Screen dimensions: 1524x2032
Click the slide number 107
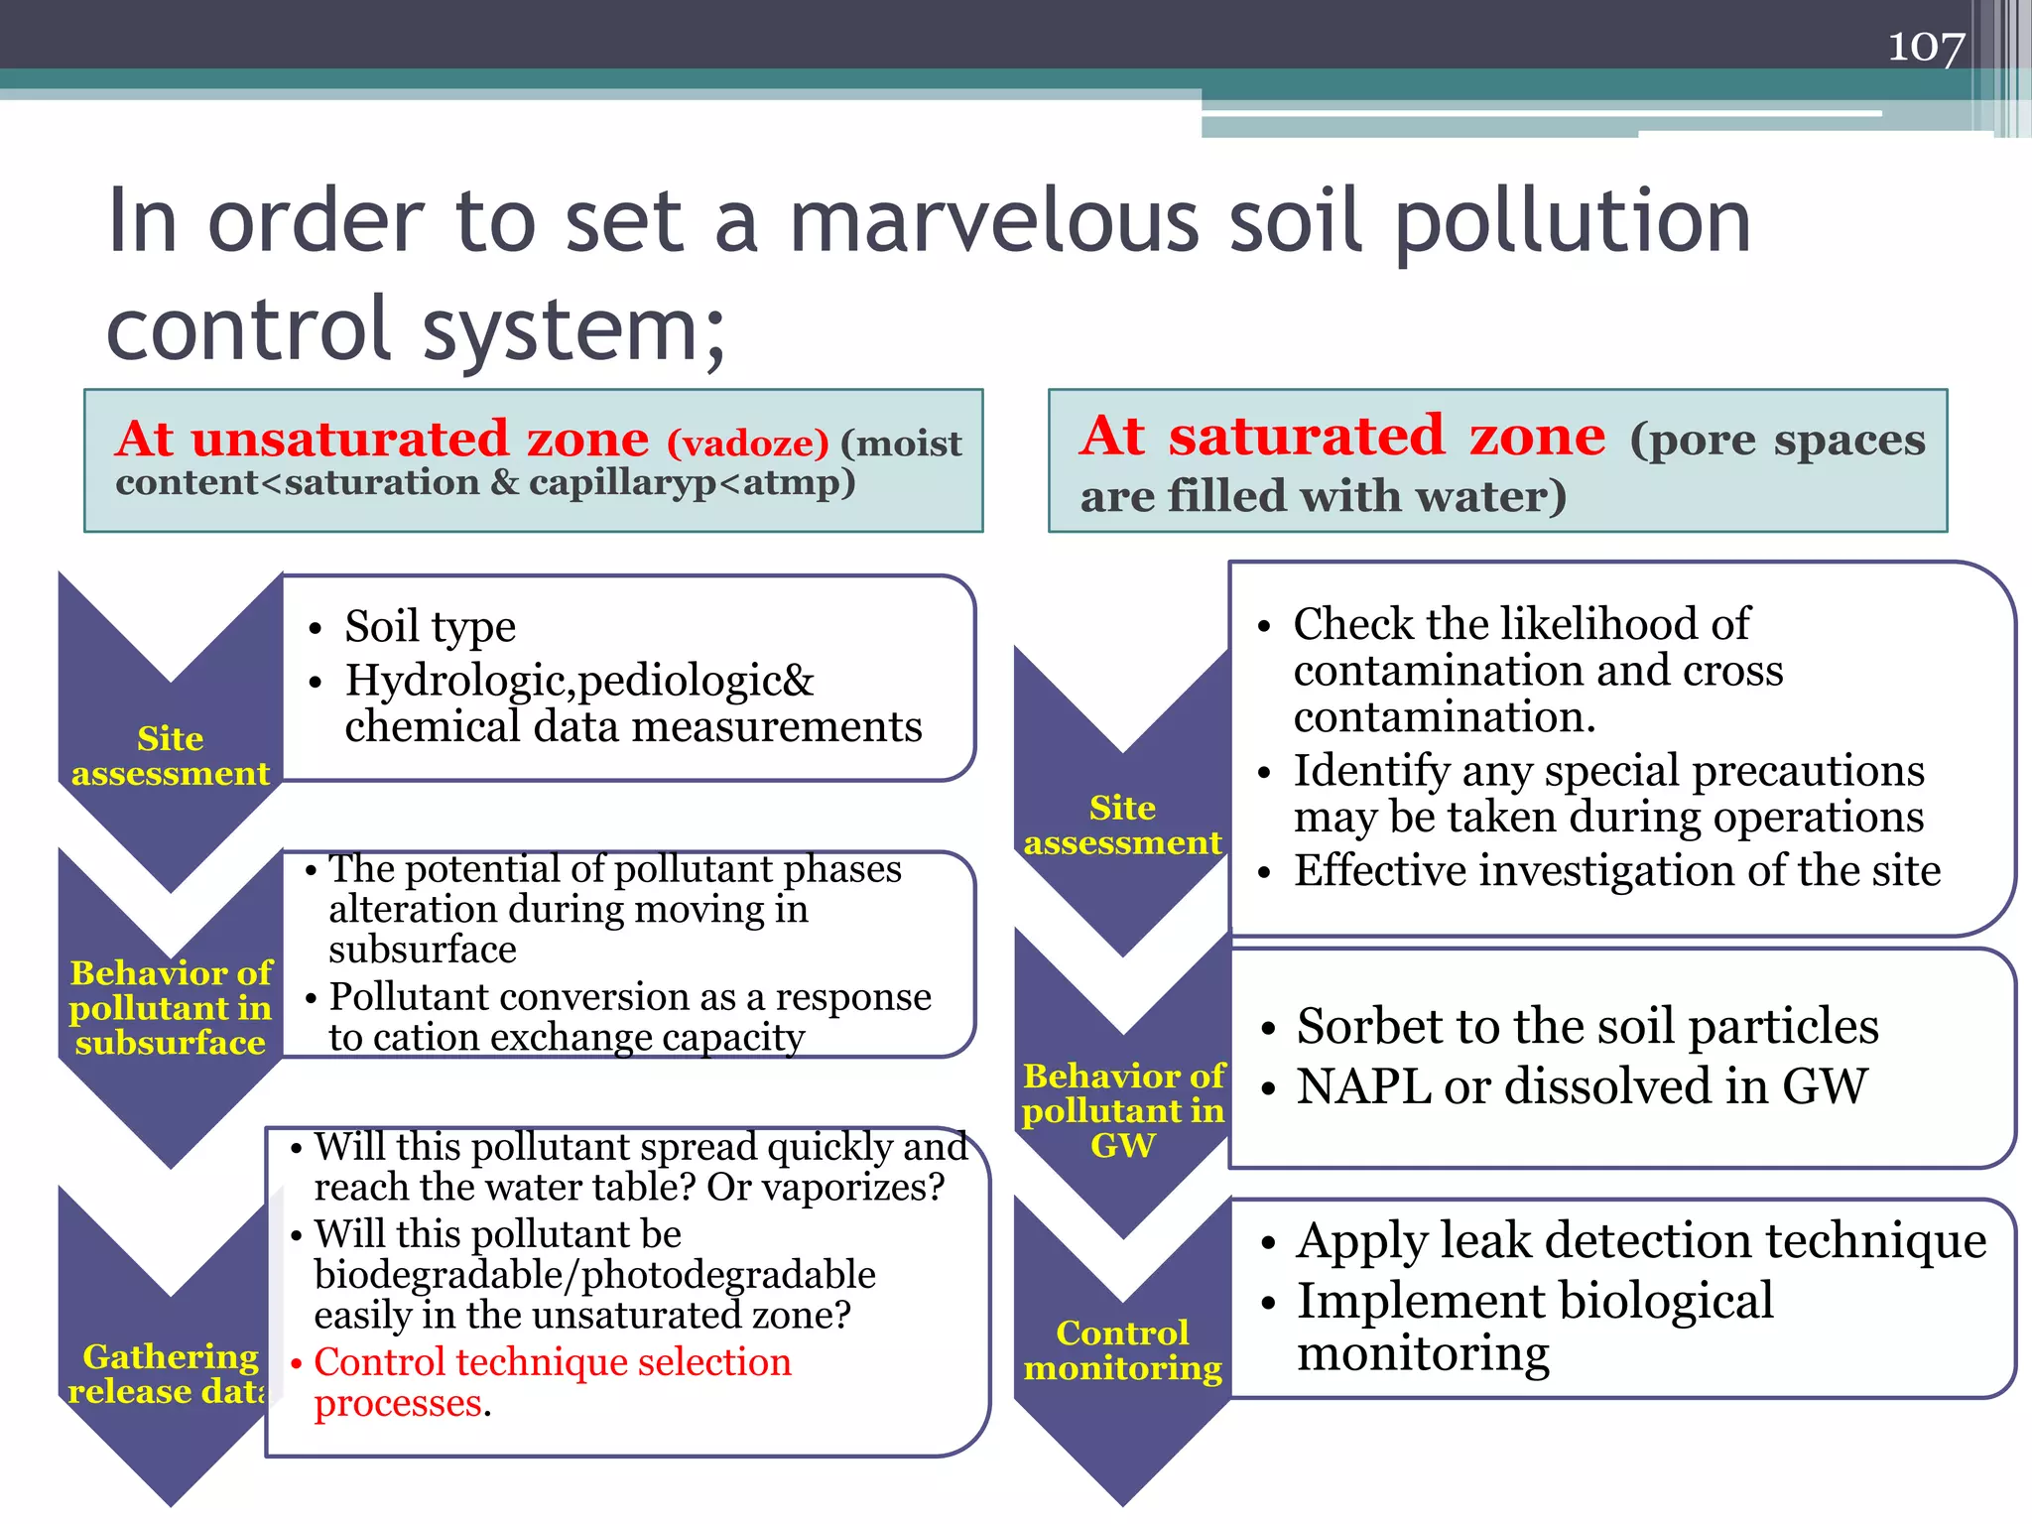coord(1925,46)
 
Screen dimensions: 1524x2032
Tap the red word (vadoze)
coord(747,443)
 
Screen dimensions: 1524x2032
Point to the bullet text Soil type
coord(430,626)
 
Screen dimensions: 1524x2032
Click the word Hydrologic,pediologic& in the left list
coord(579,681)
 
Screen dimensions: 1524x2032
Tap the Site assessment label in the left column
coord(171,755)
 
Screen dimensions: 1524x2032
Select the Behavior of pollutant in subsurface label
coord(171,1007)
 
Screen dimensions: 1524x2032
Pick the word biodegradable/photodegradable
coord(594,1274)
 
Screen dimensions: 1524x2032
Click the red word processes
coord(398,1403)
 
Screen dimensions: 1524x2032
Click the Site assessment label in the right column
coord(1122,825)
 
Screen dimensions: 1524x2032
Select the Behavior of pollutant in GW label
coord(1123,1110)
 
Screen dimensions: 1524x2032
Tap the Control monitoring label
coord(1122,1349)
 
